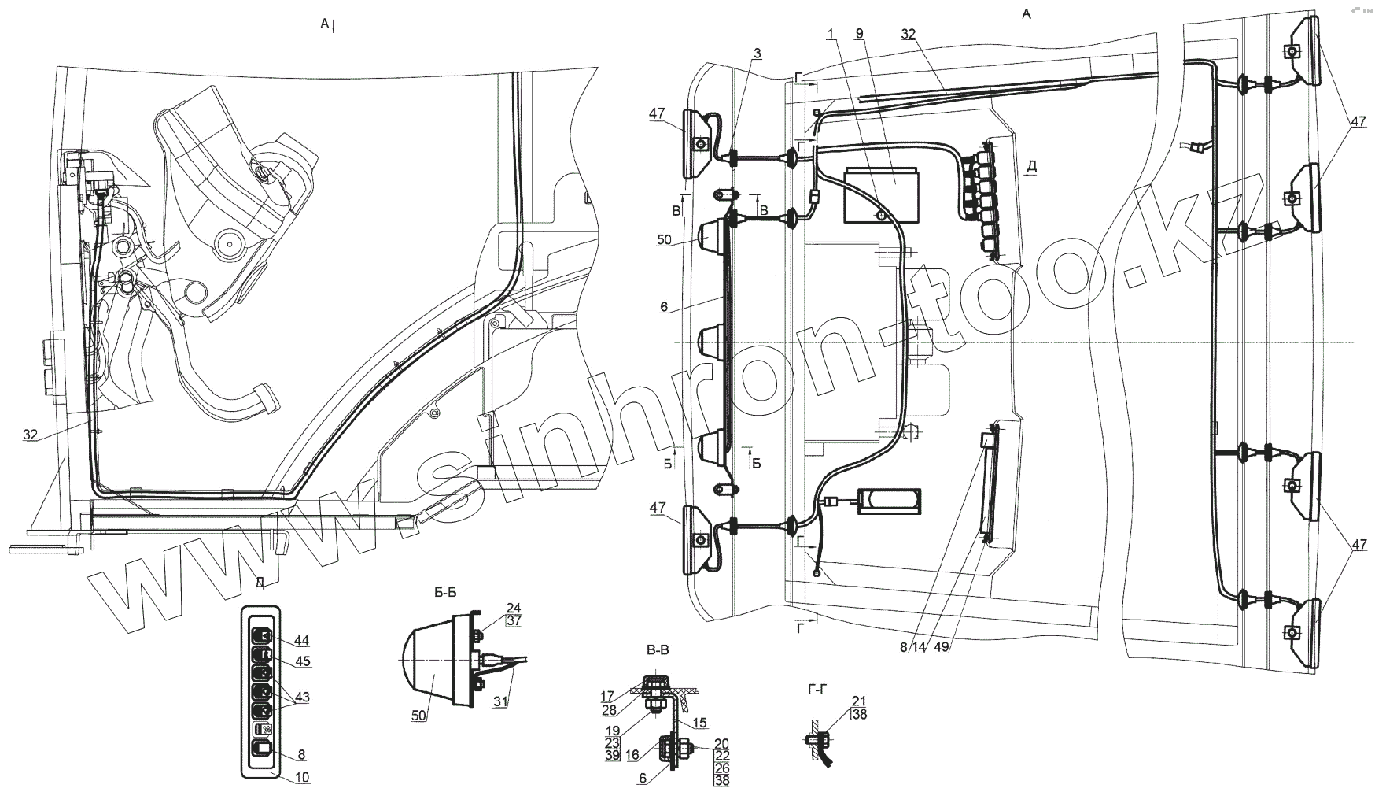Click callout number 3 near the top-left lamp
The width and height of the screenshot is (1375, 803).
point(757,53)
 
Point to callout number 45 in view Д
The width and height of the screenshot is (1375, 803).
point(302,662)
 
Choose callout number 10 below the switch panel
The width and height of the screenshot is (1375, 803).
point(302,778)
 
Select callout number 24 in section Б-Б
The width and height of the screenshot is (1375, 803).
point(514,607)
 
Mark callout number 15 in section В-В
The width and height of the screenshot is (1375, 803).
point(699,722)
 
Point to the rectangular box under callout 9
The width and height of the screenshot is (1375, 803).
point(882,194)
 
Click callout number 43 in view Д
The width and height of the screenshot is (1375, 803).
point(302,697)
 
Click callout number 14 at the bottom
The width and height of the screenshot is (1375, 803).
point(920,648)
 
